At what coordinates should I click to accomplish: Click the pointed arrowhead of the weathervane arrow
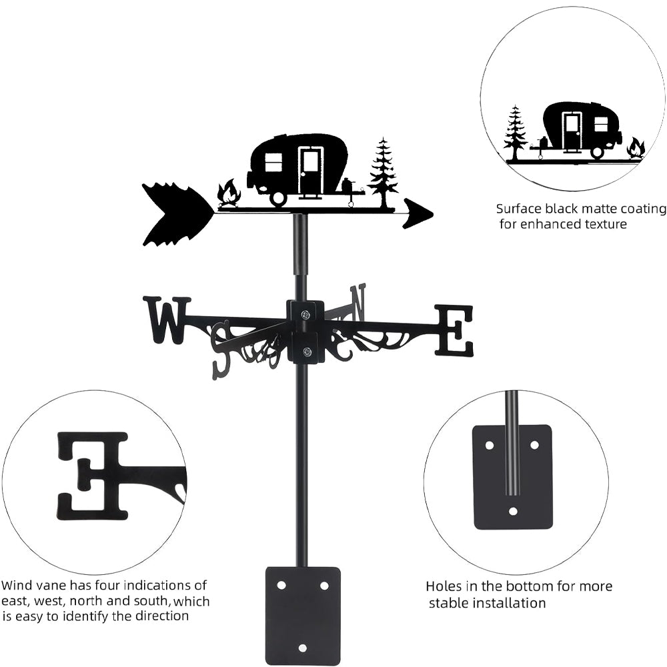tap(418, 213)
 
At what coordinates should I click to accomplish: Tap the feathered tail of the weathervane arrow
tap(175, 214)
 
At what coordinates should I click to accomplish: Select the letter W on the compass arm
tap(164, 320)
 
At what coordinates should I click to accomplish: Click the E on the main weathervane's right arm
tap(455, 329)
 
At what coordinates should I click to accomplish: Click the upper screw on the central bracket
tap(305, 314)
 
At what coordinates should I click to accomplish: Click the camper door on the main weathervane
tap(310, 171)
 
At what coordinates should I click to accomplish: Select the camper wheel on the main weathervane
tap(277, 197)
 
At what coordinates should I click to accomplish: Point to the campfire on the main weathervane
tap(229, 194)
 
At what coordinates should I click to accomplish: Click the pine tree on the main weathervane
tap(383, 172)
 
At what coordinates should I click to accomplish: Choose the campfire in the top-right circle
tap(636, 148)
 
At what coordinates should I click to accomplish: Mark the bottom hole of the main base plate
tap(303, 647)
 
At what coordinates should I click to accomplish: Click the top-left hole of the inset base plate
tap(489, 444)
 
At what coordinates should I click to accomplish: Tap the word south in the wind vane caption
tap(155, 601)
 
